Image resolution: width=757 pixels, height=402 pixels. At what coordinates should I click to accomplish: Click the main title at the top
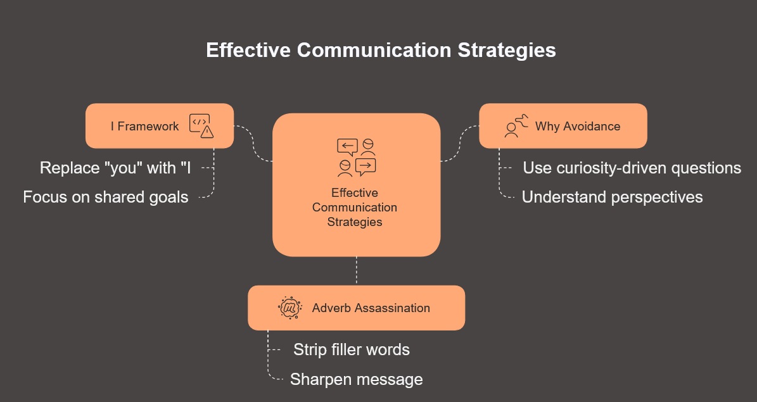coord(381,50)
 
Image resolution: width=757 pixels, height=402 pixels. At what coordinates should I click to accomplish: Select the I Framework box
coord(160,126)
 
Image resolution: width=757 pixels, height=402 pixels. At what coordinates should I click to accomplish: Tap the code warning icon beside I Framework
coord(201,126)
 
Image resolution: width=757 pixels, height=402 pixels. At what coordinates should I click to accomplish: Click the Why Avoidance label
coord(577,127)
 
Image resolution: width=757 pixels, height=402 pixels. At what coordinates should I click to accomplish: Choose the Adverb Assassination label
coord(371,308)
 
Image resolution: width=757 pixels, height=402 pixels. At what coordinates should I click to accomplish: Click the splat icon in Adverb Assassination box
coord(290,308)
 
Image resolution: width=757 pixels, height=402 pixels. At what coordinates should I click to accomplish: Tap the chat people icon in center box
coord(356,158)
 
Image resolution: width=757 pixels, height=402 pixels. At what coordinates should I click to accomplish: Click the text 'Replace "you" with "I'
coord(115,168)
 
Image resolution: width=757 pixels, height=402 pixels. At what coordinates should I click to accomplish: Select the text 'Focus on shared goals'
coord(106,197)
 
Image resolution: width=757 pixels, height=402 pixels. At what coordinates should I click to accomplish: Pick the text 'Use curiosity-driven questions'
coord(632,168)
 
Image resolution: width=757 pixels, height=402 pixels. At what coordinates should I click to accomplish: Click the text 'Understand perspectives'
coord(612,197)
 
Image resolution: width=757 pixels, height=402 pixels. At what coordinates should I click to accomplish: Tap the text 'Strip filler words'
coord(352,349)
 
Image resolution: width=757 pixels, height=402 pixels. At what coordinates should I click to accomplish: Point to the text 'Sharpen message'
coord(356,379)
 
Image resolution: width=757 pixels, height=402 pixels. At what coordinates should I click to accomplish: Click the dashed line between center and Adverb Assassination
coord(356,271)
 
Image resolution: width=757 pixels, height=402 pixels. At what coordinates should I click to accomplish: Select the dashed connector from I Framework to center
coord(253,143)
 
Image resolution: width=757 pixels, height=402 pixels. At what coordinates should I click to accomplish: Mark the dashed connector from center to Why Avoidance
coord(460,143)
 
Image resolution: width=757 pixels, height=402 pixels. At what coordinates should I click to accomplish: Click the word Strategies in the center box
coord(355,222)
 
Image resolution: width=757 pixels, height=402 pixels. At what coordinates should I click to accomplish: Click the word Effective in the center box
coord(354,192)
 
